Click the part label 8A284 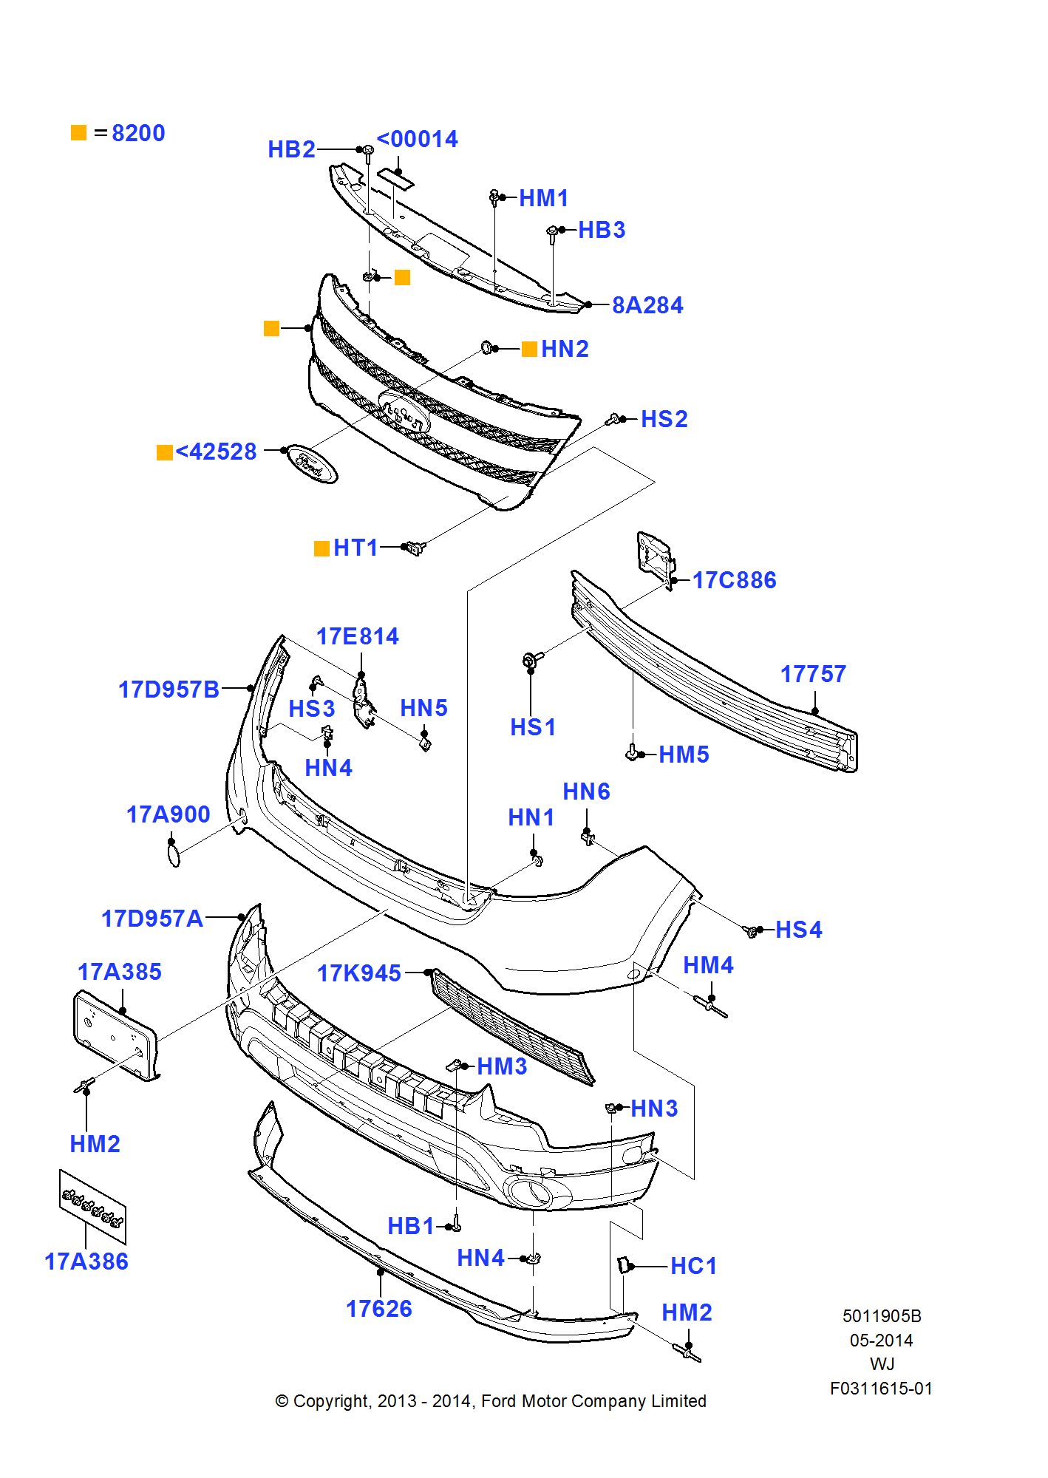pos(647,305)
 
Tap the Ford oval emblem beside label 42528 pos(312,464)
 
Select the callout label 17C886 pos(734,580)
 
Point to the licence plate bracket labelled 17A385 pos(115,1035)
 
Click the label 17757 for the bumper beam pos(813,674)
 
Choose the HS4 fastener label pos(798,930)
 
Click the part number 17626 pos(379,1309)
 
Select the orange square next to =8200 pos(79,133)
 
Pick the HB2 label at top pos(291,149)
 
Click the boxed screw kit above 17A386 pos(92,1206)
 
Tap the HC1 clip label pos(693,1266)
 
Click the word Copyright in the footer pos(330,1401)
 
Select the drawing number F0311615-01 pos(881,1389)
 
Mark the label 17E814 pos(358,636)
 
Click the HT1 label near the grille pos(355,548)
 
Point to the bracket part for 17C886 pos(654,554)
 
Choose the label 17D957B pos(169,689)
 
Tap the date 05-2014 pos(881,1341)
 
